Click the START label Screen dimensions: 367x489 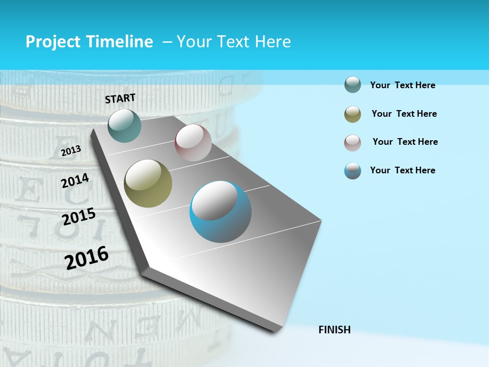point(120,98)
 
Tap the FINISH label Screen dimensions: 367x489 point(334,330)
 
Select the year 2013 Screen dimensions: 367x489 point(71,150)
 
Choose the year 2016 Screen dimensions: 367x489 point(87,258)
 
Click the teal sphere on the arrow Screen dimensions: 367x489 point(124,125)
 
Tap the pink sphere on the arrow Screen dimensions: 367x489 point(193,143)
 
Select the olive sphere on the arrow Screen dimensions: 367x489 point(148,183)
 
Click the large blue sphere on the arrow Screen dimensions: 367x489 point(220,212)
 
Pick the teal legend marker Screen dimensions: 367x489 point(352,85)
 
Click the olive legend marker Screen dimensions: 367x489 point(352,114)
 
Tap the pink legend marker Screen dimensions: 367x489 point(352,143)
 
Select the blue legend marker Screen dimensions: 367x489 point(352,171)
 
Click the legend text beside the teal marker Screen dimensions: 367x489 point(402,85)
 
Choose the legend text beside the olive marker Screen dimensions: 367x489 point(404,114)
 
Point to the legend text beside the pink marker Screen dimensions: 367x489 point(405,142)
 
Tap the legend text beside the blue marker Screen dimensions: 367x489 point(402,170)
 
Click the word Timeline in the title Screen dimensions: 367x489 point(120,42)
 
